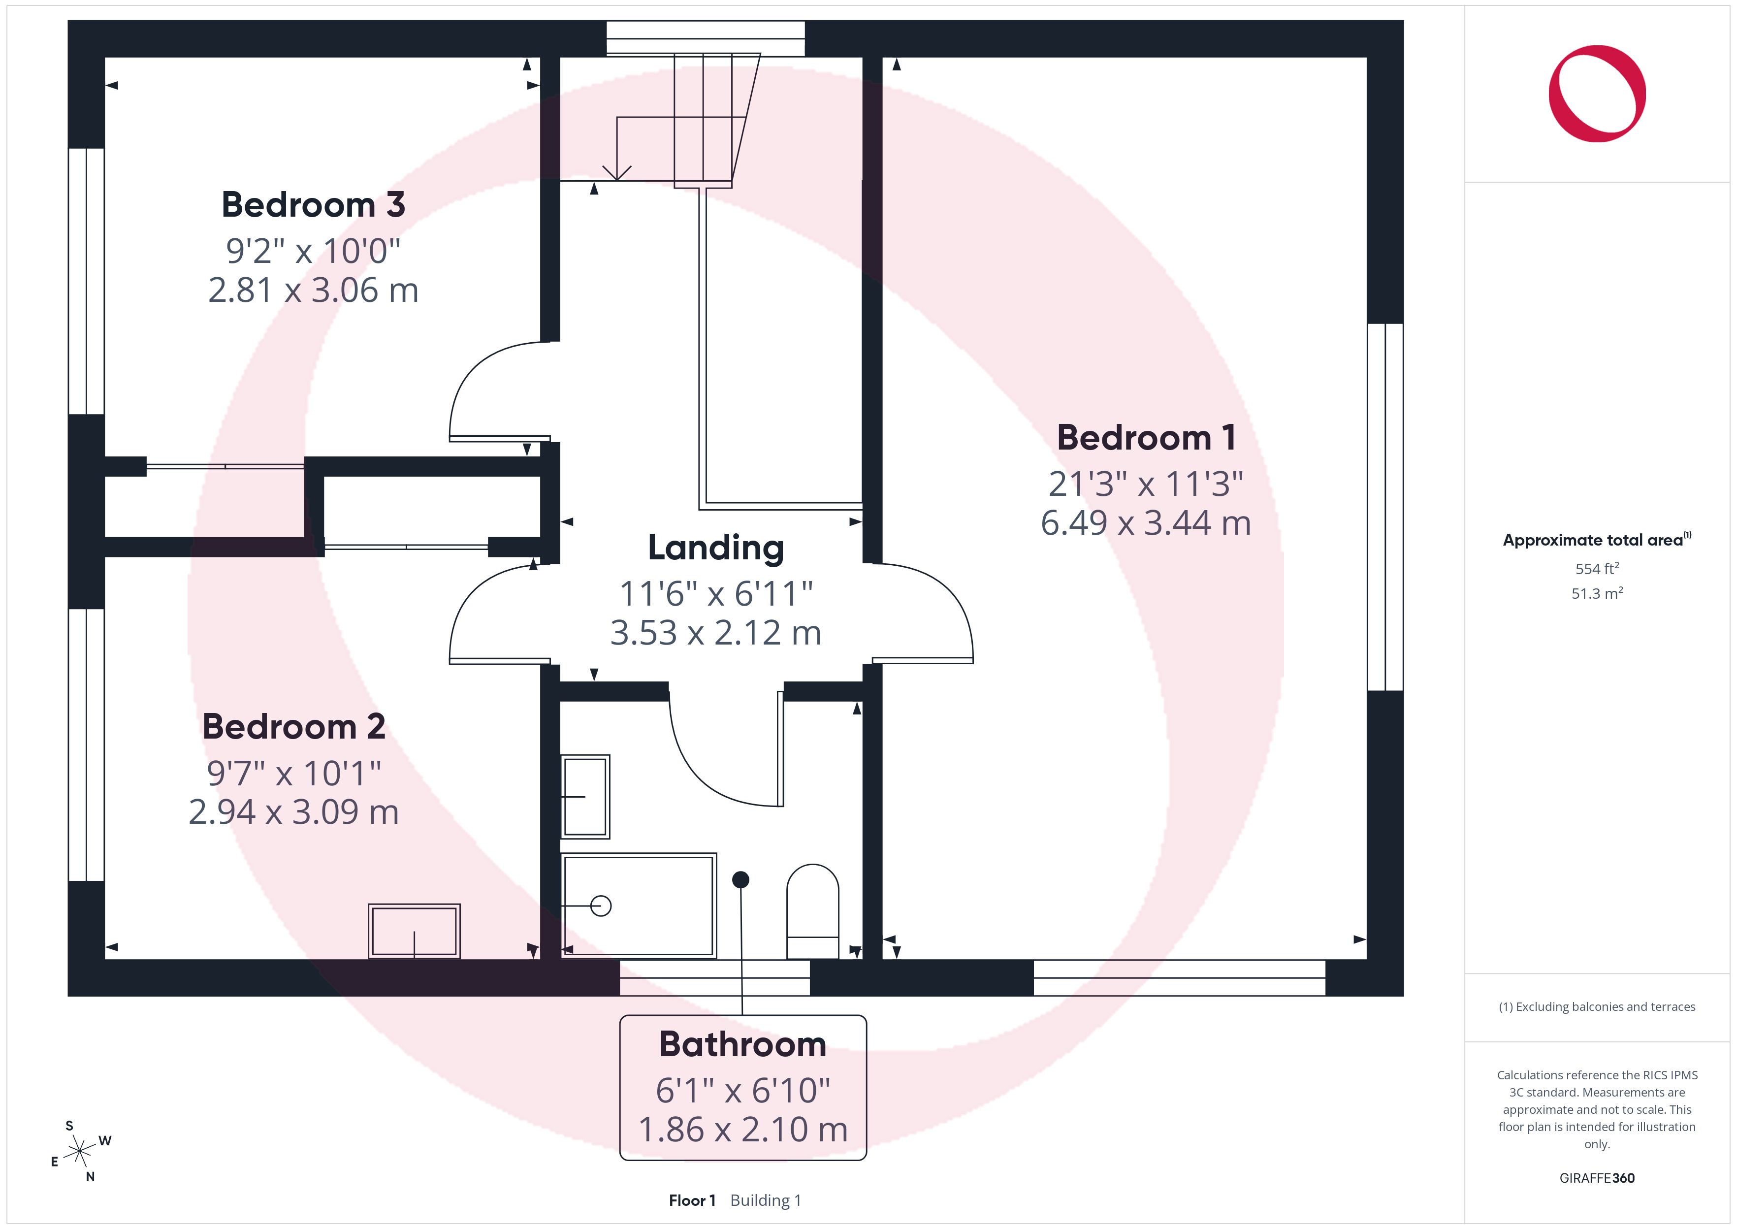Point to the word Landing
[716, 548]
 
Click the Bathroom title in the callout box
[743, 1044]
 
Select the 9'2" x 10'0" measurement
[313, 251]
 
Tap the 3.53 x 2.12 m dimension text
[716, 633]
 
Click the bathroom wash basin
[585, 797]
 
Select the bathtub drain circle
[601, 906]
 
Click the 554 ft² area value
[1597, 568]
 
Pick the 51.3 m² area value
[1597, 593]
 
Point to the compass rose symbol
[79, 1152]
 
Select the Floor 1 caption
[691, 1200]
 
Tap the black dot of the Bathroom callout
[740, 879]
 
